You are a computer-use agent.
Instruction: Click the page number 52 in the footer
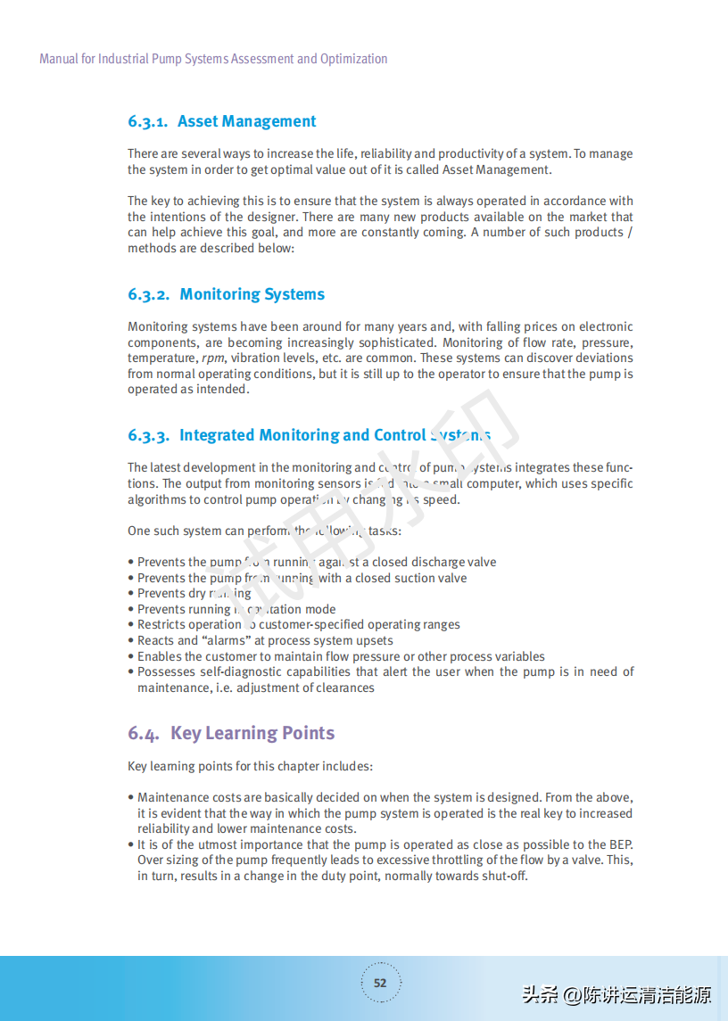[380, 984]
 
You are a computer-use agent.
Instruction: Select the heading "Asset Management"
[247, 122]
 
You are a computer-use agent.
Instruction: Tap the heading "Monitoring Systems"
[252, 294]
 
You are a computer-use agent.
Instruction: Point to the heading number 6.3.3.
[148, 436]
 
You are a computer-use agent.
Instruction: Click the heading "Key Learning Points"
[252, 733]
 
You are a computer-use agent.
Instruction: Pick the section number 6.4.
[143, 734]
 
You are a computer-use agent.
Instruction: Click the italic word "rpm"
[212, 358]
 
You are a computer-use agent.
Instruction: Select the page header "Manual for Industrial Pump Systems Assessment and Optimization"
[213, 59]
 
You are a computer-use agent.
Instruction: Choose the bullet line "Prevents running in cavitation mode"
[236, 610]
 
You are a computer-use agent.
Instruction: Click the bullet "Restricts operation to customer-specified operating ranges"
[299, 625]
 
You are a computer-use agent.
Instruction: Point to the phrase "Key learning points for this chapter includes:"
[250, 767]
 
